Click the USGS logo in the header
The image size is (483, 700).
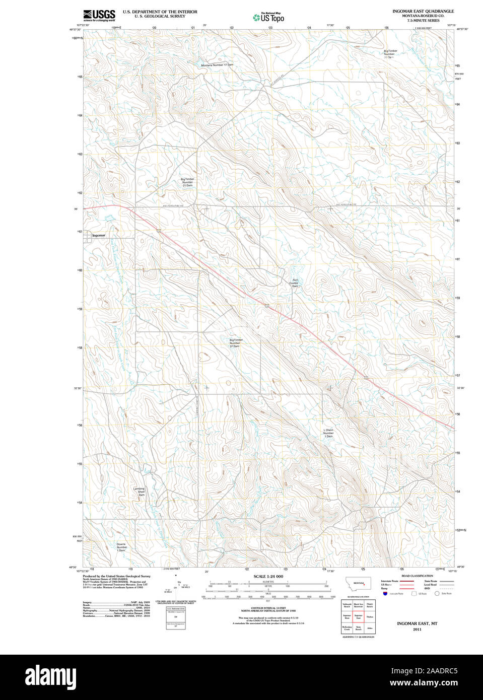click(x=99, y=15)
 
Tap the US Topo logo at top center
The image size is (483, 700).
click(x=268, y=17)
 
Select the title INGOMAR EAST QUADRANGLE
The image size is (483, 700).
click(x=423, y=11)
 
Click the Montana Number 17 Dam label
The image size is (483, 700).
click(x=217, y=65)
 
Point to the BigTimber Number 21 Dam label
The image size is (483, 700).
click(x=187, y=182)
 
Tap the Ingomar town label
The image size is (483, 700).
click(x=99, y=235)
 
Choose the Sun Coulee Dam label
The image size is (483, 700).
click(x=294, y=283)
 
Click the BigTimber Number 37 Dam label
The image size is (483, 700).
click(x=235, y=343)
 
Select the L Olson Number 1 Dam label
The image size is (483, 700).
click(x=328, y=433)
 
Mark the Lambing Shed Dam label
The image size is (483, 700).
click(x=139, y=492)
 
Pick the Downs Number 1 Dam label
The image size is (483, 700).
click(x=121, y=547)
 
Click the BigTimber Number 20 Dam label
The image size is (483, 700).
click(x=390, y=54)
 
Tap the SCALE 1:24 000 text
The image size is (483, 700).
click(x=268, y=576)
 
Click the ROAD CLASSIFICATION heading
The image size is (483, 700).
click(x=417, y=576)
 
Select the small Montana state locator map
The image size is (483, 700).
click(x=358, y=584)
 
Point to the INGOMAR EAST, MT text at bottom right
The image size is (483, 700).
click(x=417, y=623)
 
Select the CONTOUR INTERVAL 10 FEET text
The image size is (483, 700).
click(x=268, y=608)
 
